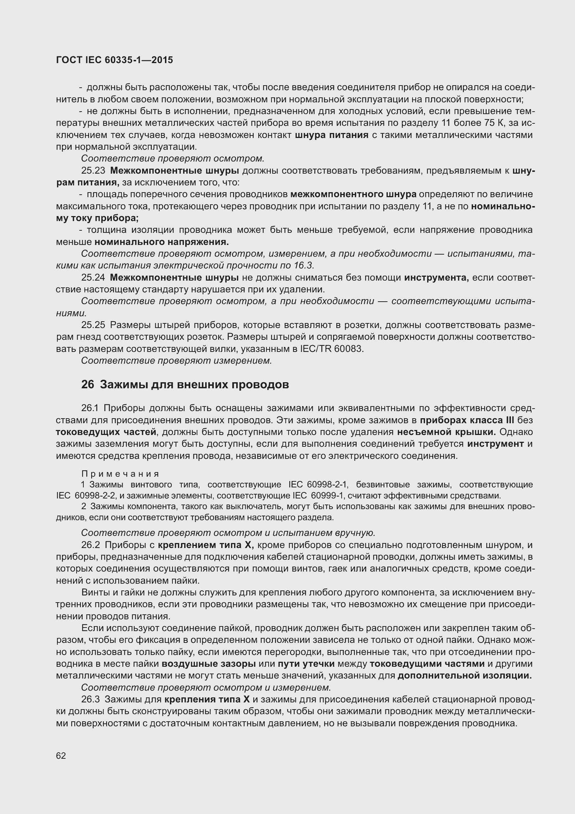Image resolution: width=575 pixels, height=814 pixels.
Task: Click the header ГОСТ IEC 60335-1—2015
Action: tap(114, 60)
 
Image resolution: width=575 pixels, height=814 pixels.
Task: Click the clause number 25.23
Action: tap(93, 171)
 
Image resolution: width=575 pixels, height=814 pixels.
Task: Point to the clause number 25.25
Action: tap(93, 325)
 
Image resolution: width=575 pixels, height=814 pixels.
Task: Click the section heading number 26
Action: tap(88, 385)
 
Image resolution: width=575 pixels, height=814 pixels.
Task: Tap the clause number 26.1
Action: tap(92, 408)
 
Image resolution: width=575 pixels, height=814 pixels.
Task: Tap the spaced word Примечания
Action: tap(120, 474)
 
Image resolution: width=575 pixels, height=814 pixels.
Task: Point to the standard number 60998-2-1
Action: tap(327, 485)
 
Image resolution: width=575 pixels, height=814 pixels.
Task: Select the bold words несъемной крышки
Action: tap(447, 432)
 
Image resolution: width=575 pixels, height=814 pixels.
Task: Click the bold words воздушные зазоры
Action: tap(209, 664)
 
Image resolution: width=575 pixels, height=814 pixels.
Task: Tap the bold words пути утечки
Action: tap(306, 664)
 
